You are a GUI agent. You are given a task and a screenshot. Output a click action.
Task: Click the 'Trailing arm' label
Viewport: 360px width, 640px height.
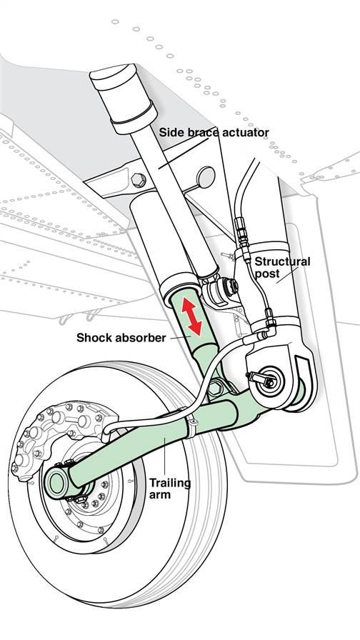click(x=169, y=489)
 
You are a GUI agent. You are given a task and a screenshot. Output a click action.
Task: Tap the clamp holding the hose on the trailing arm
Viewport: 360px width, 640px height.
click(x=193, y=426)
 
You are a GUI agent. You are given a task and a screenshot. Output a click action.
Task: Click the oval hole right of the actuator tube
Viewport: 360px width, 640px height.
click(x=205, y=174)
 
